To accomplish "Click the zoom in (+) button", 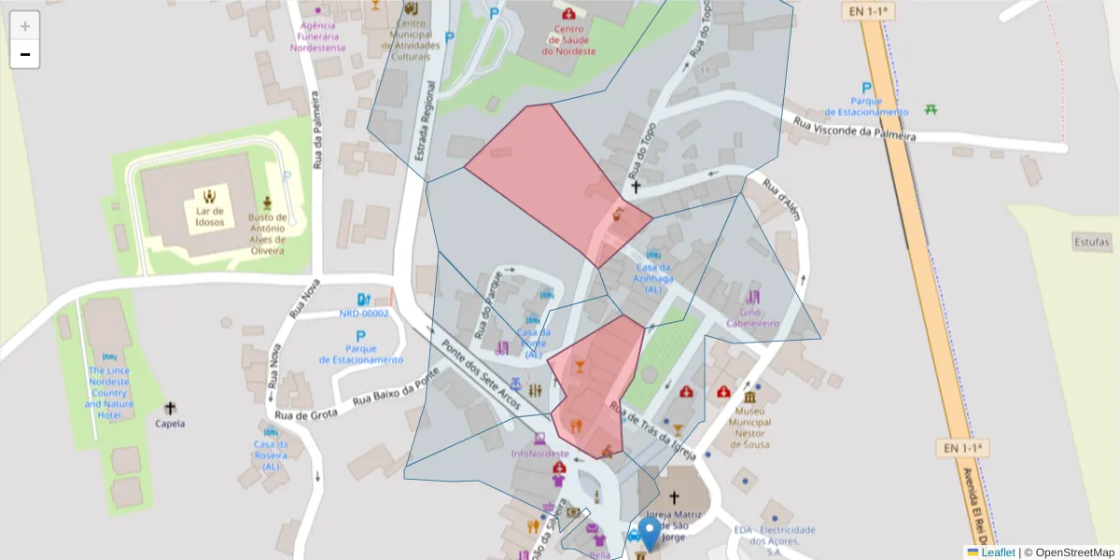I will pyautogui.click(x=25, y=26).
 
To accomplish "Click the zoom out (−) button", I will pyautogui.click(x=25, y=54).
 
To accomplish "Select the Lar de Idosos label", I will pyautogui.click(x=210, y=217).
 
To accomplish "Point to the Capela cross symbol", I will pyautogui.click(x=170, y=408).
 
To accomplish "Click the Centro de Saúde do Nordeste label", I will pyautogui.click(x=568, y=40).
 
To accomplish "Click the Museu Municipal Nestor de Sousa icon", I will pyautogui.click(x=750, y=398).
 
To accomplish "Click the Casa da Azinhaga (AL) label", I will pyautogui.click(x=654, y=278).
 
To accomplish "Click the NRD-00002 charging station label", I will pyautogui.click(x=364, y=314).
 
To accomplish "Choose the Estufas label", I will pyautogui.click(x=1092, y=241).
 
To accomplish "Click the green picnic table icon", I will pyautogui.click(x=931, y=109).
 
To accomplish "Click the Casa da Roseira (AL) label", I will pyautogui.click(x=271, y=455).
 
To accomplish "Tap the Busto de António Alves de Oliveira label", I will pyautogui.click(x=267, y=233).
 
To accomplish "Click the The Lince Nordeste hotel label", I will pyautogui.click(x=109, y=392).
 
